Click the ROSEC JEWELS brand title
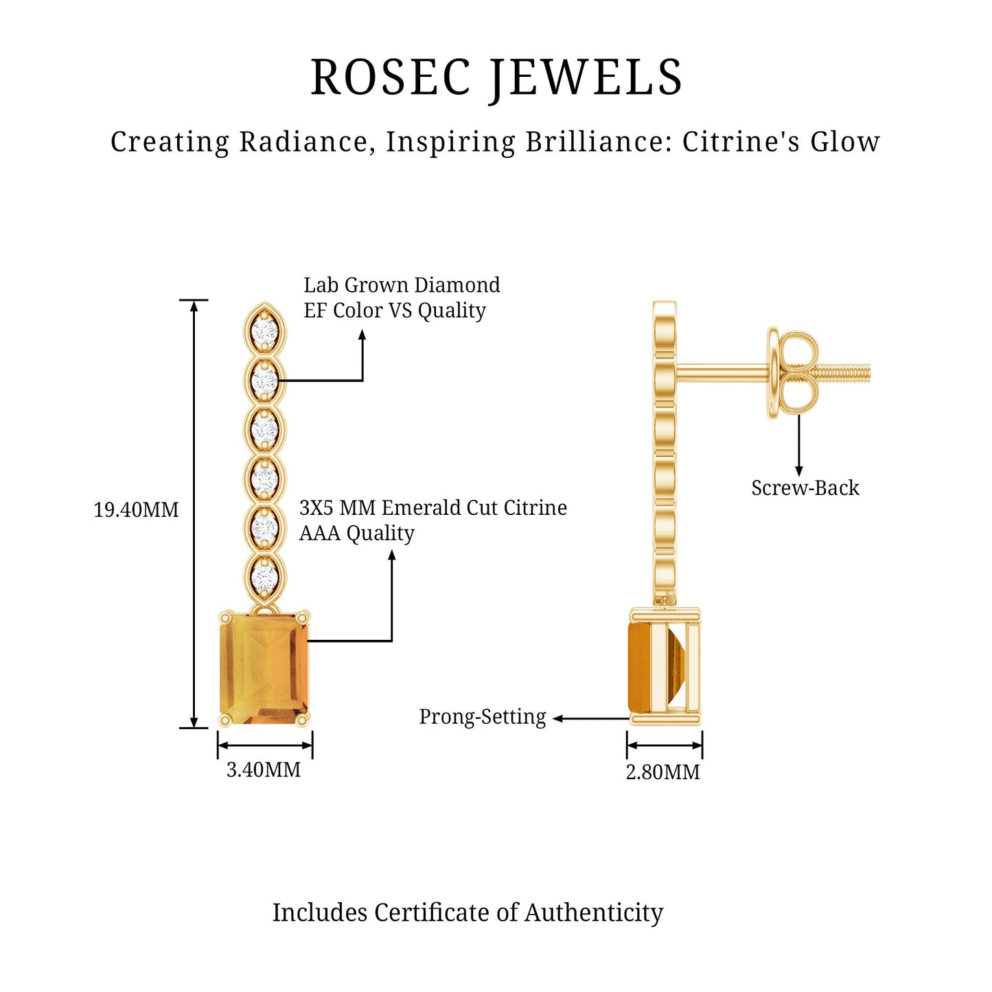coord(496,77)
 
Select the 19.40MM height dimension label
coord(135,510)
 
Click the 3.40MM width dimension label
coord(264,770)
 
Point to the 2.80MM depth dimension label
coord(662,772)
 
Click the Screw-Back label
coord(805,488)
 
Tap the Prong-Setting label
coord(482,717)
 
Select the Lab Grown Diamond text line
coord(402,285)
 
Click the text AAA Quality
coord(356,533)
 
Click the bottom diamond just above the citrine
coord(264,577)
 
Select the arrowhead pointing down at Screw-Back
coord(798,471)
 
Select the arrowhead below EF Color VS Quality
coord(362,334)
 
